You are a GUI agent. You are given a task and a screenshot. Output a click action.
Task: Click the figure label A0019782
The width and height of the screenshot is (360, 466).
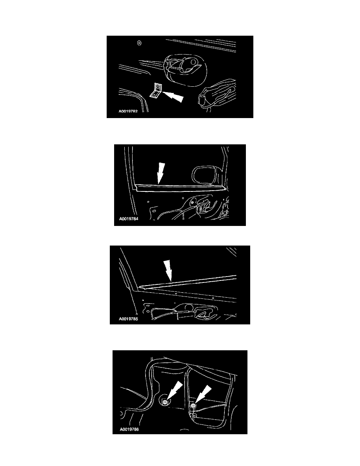pyautogui.click(x=128, y=111)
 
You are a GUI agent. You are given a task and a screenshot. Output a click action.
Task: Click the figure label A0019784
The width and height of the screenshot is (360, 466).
pyautogui.click(x=129, y=219)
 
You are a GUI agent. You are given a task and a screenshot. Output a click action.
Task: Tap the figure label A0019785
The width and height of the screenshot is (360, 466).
pyautogui.click(x=128, y=319)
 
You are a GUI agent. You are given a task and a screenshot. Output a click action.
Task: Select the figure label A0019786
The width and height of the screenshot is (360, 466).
pyautogui.click(x=129, y=429)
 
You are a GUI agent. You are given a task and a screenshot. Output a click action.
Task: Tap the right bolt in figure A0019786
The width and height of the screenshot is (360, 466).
pyautogui.click(x=193, y=405)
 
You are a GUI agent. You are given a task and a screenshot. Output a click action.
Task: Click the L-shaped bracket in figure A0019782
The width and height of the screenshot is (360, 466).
pyautogui.click(x=156, y=90)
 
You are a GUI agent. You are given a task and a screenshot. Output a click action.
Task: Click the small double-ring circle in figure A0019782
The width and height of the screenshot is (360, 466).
pyautogui.click(x=139, y=43)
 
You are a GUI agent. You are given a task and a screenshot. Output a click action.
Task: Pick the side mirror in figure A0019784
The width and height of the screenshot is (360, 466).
pyautogui.click(x=206, y=176)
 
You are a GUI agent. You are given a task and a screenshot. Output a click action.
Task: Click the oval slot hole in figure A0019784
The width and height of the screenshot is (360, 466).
pyautogui.click(x=154, y=211)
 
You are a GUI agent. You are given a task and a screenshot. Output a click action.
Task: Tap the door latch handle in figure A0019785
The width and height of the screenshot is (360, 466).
pyautogui.click(x=205, y=314)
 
